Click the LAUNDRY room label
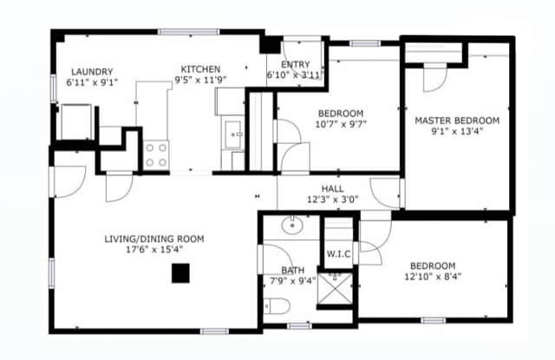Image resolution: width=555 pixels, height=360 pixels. click(92, 72)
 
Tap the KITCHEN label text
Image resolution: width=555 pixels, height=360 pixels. click(200, 69)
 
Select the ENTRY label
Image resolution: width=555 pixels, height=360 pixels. click(295, 63)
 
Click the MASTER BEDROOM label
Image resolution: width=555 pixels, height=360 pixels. click(457, 121)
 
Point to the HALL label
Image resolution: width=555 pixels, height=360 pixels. click(332, 188)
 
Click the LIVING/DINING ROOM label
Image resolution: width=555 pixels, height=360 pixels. click(153, 239)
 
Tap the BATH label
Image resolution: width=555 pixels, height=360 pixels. click(292, 270)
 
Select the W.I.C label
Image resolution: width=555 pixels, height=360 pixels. click(338, 254)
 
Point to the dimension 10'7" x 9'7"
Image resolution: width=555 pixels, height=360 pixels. click(340, 125)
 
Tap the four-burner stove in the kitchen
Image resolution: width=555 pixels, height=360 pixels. click(156, 155)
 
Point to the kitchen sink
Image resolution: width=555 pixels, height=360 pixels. click(234, 134)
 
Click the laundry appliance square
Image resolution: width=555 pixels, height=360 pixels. click(74, 121)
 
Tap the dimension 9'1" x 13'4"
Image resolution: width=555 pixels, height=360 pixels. click(457, 132)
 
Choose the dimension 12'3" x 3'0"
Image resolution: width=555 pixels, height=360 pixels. click(332, 200)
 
